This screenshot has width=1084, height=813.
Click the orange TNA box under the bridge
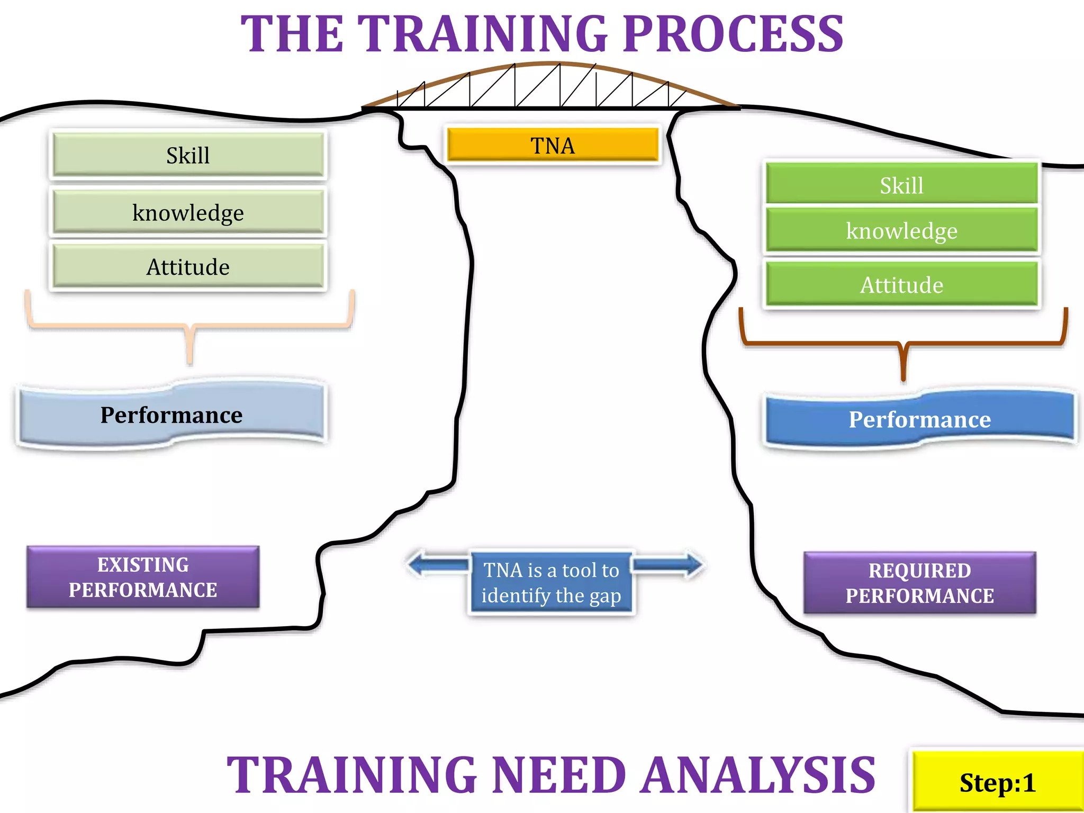tap(553, 145)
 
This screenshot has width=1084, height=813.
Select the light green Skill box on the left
tap(188, 155)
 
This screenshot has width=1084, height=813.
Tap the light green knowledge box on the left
tap(188, 212)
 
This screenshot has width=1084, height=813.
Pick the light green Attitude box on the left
tap(188, 266)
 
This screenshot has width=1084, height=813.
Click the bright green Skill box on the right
tap(901, 185)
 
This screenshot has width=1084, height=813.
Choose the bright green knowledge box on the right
tap(901, 230)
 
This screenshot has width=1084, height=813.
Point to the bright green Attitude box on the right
tap(901, 284)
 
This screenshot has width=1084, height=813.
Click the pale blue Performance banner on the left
tap(171, 414)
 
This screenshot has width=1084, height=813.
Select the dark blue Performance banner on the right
tap(919, 419)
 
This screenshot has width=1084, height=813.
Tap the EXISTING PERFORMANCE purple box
tap(143, 577)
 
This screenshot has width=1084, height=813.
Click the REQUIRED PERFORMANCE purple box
tap(919, 583)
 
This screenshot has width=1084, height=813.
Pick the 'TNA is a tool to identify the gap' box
tap(551, 583)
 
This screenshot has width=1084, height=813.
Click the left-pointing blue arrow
tap(437, 565)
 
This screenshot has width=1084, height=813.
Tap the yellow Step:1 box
tap(997, 782)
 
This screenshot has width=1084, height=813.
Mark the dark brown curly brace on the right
tap(903, 344)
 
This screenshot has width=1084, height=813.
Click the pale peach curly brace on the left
tap(189, 326)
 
